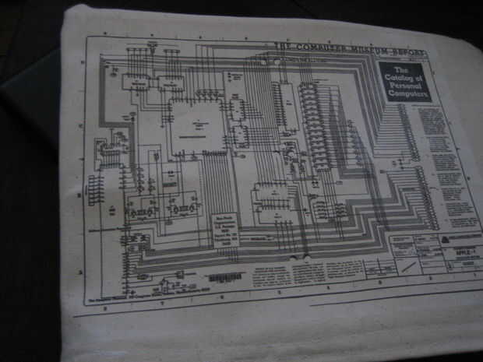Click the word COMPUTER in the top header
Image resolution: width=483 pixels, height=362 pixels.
point(295,47)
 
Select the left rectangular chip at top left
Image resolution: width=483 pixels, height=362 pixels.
point(135,80)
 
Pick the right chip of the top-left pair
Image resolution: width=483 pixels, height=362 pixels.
point(171,82)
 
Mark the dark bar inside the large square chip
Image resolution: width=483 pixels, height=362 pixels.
point(198,135)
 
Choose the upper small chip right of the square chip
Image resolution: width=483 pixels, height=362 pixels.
point(238,107)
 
